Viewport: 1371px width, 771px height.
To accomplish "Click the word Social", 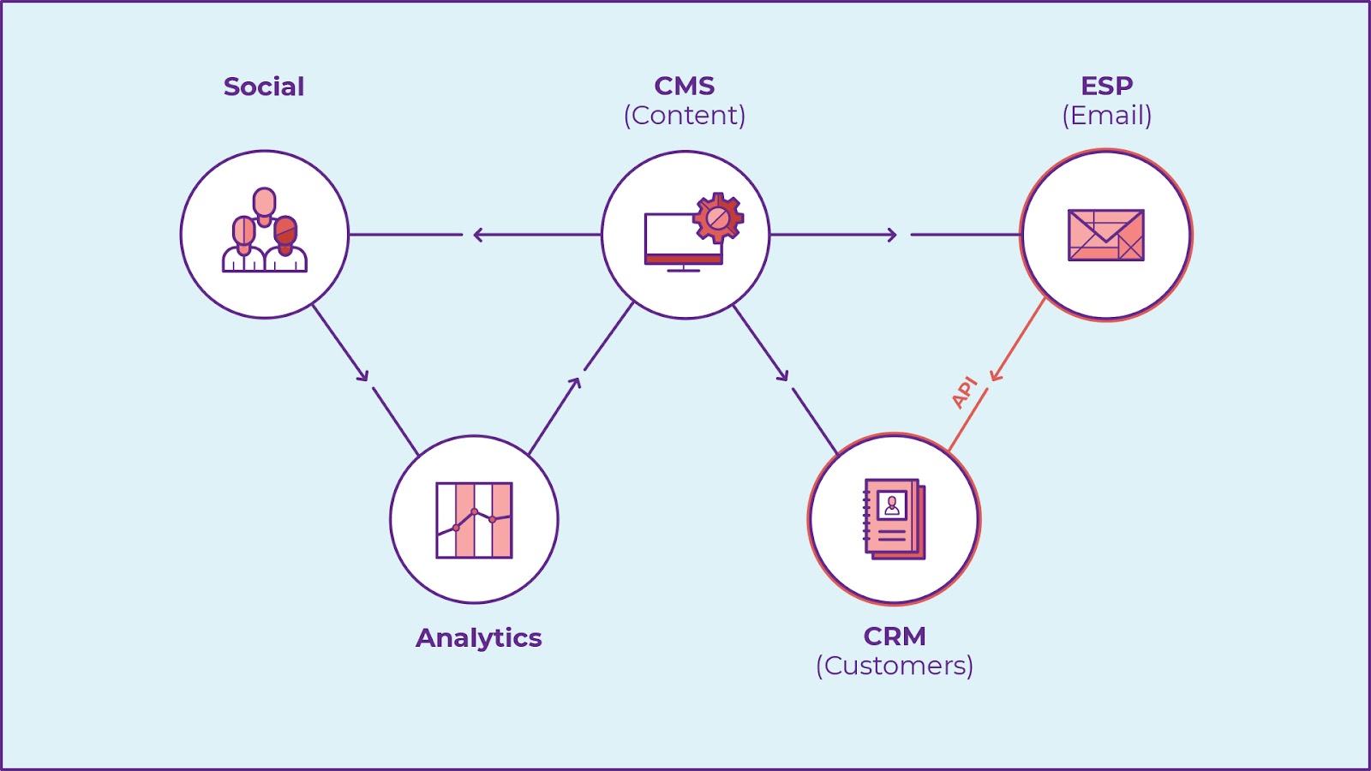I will coord(264,87).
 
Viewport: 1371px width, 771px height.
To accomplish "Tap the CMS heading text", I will coord(684,86).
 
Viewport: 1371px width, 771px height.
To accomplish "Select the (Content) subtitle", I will coord(684,115).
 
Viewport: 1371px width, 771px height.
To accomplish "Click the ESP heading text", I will coord(1106,86).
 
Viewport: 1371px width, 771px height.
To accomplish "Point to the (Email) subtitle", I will coord(1106,115).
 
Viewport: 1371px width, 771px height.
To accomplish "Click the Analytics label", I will coord(478,638).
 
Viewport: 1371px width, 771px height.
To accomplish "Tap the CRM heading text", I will coord(894,637).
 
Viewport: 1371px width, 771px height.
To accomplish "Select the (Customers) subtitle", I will coord(894,666).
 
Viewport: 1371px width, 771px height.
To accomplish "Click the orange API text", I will coord(965,391).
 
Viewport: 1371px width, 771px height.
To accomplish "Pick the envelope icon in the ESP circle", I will coord(1105,235).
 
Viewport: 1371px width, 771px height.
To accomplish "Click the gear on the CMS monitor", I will coord(717,218).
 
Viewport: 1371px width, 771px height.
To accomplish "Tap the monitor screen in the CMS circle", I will coord(673,238).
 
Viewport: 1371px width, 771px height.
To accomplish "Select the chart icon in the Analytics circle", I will coord(474,520).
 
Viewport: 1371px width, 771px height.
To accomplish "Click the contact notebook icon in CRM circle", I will coord(894,519).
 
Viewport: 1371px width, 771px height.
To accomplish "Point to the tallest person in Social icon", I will coord(265,206).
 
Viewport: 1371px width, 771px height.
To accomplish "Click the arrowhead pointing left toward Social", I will coord(478,235).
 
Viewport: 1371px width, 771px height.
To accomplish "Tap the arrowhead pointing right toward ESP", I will coord(892,235).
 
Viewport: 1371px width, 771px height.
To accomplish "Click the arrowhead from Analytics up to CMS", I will coord(576,382).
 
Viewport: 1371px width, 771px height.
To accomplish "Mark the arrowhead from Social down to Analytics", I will coord(363,375).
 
